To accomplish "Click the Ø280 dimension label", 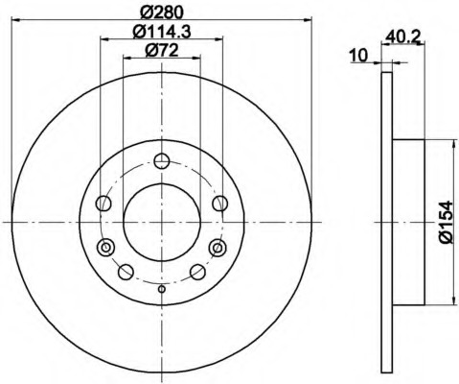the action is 162,12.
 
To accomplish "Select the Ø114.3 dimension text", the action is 162,32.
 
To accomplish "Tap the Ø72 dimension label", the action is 162,51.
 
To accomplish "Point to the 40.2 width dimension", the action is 402,36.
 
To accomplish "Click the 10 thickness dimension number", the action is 358,56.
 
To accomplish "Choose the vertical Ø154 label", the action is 447,222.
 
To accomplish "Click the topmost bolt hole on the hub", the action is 162,161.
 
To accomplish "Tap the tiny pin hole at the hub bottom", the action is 162,289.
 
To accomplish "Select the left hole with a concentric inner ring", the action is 105,247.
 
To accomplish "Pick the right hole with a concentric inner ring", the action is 218,247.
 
